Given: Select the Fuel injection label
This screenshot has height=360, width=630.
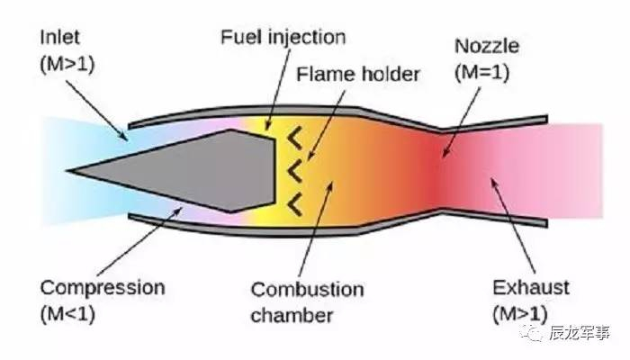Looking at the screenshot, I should coord(283,38).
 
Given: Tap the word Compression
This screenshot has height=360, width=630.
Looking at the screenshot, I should coord(102,288).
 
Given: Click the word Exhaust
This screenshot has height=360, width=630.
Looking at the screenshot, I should coord(531,288).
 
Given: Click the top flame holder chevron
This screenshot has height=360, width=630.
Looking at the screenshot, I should coord(293,138).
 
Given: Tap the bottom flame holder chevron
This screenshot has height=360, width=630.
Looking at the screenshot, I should coord(293,203).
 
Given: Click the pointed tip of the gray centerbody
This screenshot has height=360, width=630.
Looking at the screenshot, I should coord(70,168).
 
